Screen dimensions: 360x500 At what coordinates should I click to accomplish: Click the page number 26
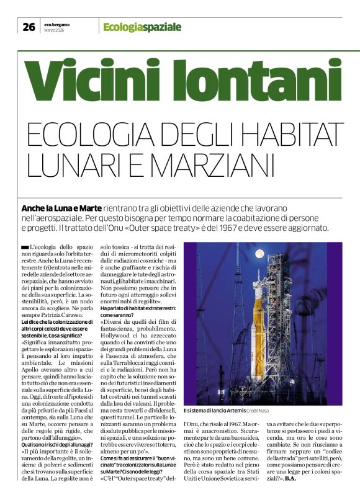[x=29, y=27]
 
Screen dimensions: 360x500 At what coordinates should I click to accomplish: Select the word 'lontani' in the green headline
[x=247, y=79]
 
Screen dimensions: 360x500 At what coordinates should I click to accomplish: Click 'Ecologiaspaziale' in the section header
[x=142, y=27]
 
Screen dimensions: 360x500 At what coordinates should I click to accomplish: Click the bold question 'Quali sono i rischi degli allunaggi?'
[x=57, y=444]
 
